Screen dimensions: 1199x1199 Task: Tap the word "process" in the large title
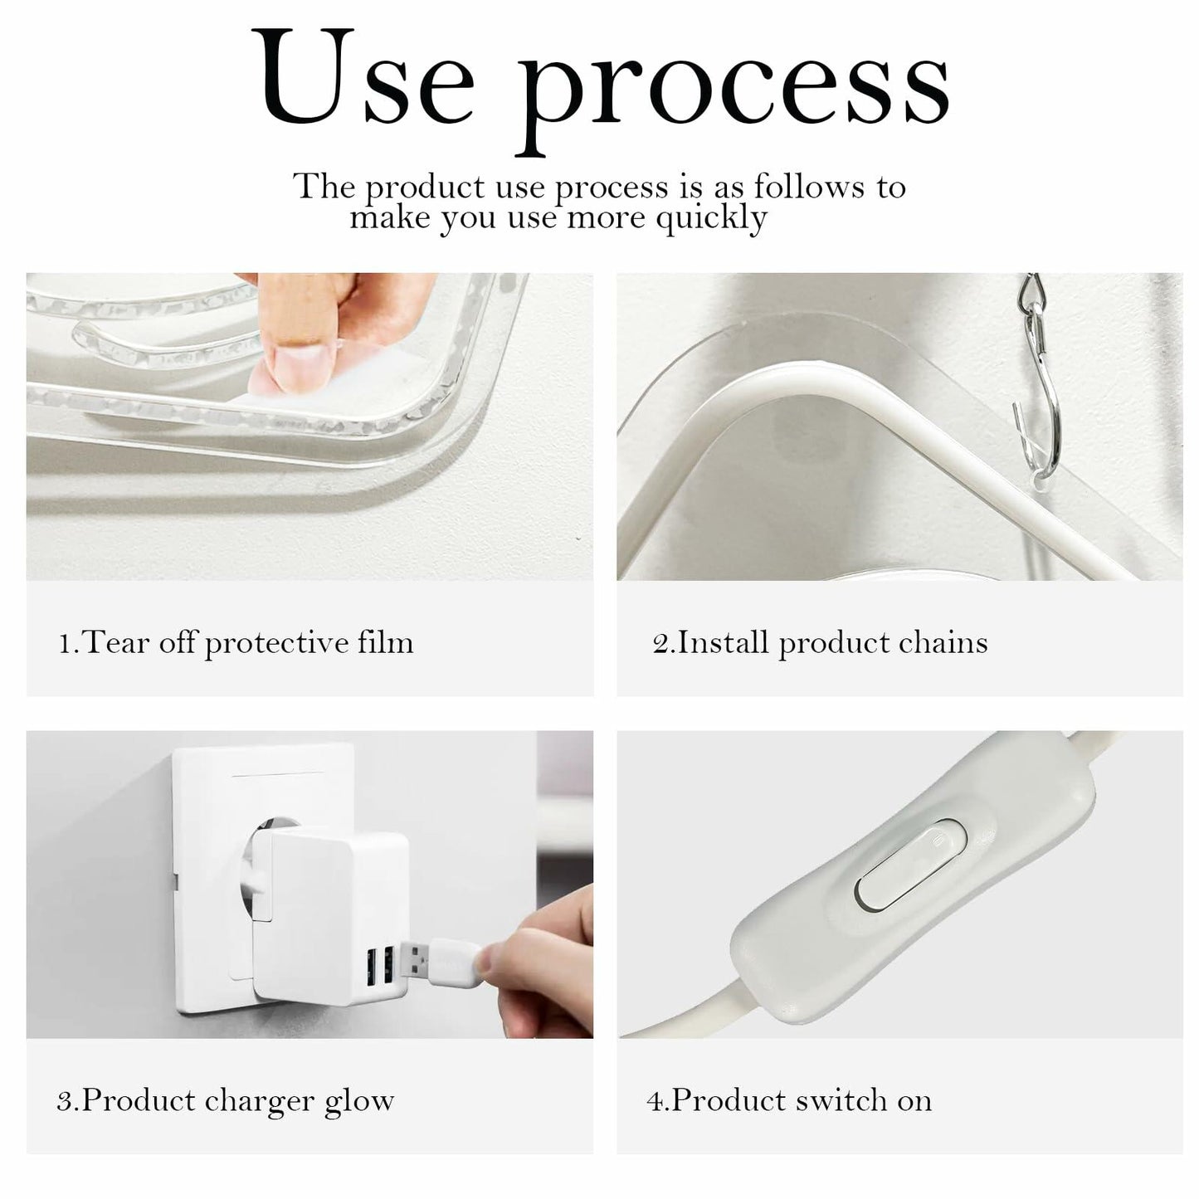click(735, 94)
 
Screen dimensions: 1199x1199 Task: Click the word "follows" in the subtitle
click(809, 187)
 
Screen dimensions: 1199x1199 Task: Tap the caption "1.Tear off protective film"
click(236, 643)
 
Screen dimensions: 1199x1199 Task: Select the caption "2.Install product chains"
click(820, 643)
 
